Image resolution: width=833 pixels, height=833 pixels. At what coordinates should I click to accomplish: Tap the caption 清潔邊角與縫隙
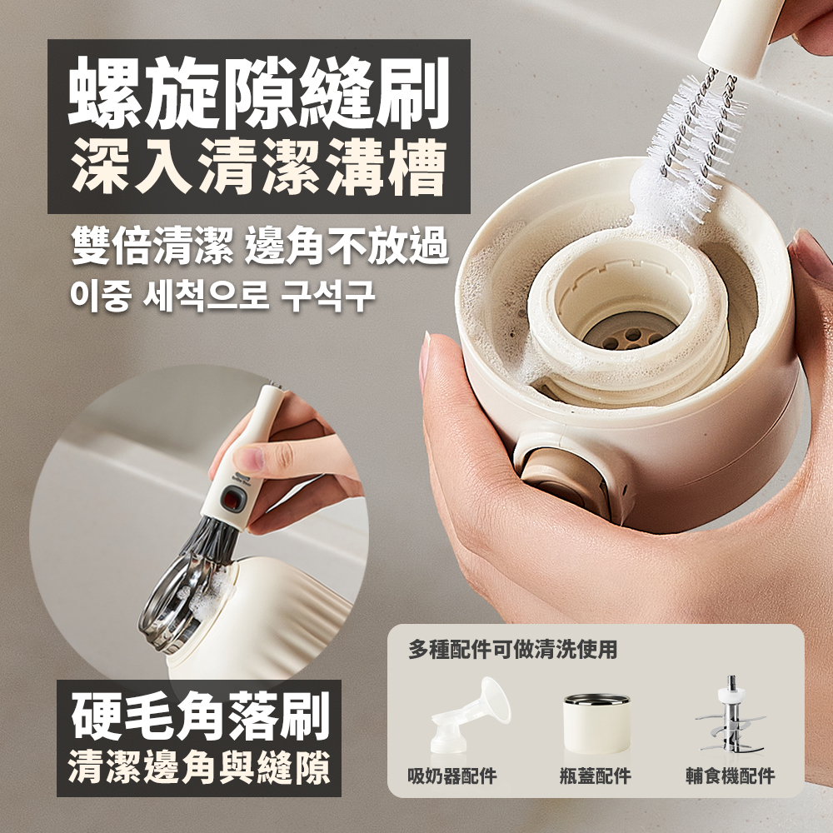coord(199,767)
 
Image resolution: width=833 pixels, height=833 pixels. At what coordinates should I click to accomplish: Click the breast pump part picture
coord(469,715)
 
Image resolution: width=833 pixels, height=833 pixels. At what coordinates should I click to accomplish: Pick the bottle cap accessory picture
coord(596,723)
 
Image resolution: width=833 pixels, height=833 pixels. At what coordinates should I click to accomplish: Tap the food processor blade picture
coord(731,715)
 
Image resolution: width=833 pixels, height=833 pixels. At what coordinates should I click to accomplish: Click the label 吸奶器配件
coord(452,776)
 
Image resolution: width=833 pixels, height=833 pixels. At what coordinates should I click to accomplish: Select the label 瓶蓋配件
coord(596,776)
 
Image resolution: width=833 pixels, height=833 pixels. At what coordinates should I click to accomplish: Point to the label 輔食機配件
coord(731,776)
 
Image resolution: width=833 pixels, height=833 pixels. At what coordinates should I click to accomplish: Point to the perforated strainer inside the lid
coord(627,334)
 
